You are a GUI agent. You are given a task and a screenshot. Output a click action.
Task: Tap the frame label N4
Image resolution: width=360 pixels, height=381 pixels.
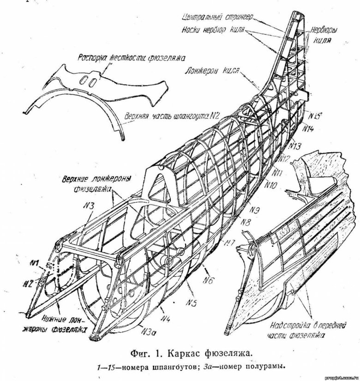(167, 318)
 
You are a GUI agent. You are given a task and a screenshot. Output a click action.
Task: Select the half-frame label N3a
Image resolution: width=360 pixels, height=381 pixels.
(149, 331)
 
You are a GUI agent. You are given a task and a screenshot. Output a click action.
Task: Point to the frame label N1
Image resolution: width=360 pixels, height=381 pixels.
(33, 264)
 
